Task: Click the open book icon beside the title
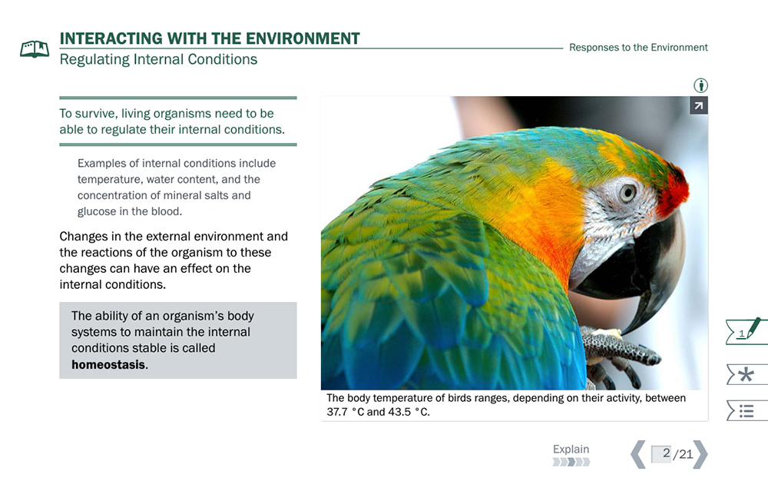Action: click(35, 49)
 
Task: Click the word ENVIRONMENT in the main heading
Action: click(303, 38)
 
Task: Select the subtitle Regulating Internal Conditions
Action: click(158, 59)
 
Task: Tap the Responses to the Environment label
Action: click(638, 48)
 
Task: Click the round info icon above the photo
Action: click(701, 86)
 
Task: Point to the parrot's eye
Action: click(627, 193)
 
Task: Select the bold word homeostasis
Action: click(108, 364)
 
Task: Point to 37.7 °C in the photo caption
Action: click(346, 412)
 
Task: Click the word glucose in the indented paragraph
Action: click(96, 211)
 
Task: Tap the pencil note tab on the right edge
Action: click(746, 332)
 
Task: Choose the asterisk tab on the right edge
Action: click(746, 375)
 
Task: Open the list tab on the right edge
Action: click(746, 410)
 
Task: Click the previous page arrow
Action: click(637, 455)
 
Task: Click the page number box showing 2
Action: click(661, 454)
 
